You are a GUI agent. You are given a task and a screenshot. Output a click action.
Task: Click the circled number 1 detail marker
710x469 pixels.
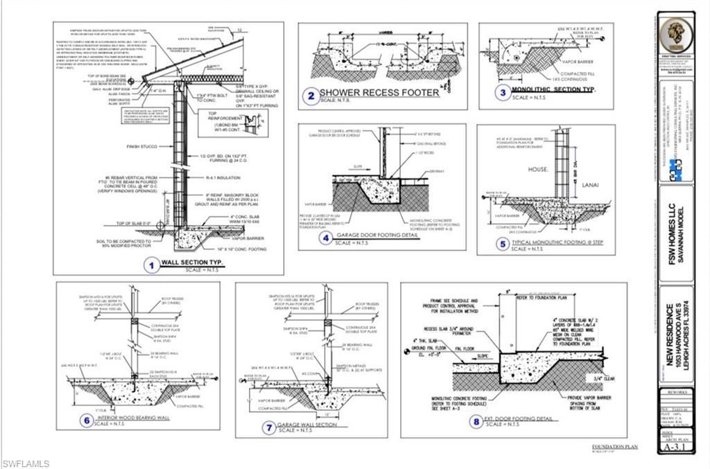[150, 263]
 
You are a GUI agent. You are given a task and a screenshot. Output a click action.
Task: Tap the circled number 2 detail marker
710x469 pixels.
[313, 95]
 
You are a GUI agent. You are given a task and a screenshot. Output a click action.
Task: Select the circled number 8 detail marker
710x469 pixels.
[476, 421]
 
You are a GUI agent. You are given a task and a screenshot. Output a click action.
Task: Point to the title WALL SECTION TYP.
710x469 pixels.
[190, 263]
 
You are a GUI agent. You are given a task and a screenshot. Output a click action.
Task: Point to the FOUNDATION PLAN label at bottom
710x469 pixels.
[614, 447]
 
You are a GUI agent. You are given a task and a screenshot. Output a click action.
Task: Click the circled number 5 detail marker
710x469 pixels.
[503, 244]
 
